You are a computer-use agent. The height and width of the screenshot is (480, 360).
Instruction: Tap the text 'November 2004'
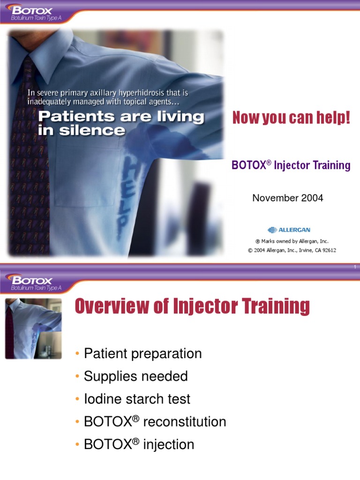pos(288,198)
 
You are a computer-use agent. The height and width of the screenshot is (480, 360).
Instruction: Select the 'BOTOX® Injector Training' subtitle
pos(291,165)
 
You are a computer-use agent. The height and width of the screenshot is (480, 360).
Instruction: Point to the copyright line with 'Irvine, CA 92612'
pos(292,250)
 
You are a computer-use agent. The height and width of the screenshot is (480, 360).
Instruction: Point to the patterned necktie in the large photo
pos(28,155)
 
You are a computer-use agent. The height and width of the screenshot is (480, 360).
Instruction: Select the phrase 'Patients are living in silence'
pos(121,123)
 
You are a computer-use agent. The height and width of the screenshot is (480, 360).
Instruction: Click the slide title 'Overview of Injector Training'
pos(192,307)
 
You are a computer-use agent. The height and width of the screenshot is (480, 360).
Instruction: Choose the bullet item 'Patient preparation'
pos(142,353)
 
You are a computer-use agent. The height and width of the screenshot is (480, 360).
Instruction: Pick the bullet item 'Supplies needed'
pos(135,376)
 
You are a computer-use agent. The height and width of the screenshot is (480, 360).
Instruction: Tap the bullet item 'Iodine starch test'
pos(137,399)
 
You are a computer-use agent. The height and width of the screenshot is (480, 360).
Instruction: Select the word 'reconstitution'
pos(185,422)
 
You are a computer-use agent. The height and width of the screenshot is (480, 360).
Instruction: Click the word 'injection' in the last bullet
pos(169,444)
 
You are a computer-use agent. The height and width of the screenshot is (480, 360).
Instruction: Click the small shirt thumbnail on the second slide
pos(33,329)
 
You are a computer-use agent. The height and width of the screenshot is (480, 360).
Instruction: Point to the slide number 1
pos(355,267)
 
